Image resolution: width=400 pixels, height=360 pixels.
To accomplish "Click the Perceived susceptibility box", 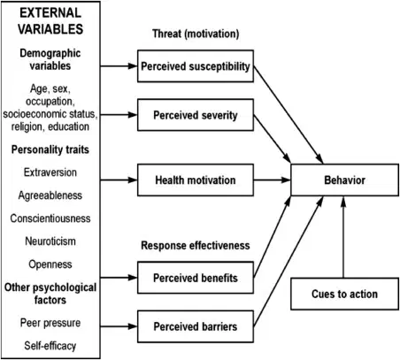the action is coord(196,66).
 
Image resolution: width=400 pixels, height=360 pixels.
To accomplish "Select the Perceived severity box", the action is coord(196,115).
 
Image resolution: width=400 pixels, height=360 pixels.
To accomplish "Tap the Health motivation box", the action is coord(196,180).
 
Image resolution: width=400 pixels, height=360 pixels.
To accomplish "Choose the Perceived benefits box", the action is coord(196,278).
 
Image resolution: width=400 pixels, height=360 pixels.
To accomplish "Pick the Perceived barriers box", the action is coord(196,326).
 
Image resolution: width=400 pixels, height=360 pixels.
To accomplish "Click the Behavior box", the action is coord(344,180).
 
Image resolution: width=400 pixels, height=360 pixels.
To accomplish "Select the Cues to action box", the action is coord(344,294).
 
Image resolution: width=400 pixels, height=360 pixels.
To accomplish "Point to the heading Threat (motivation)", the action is coord(196,34).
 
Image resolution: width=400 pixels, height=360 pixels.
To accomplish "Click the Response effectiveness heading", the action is coord(196,245).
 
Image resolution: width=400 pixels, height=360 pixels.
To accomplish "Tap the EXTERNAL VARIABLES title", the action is coord(50,21).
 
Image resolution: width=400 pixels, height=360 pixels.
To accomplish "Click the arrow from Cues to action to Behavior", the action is coord(343,237).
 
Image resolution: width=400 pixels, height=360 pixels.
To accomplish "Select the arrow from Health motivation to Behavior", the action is coord(272,180).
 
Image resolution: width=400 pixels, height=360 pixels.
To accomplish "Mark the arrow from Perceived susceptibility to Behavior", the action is coord(288,115).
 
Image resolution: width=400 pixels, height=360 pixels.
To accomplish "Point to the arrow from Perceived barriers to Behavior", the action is coord(288,262).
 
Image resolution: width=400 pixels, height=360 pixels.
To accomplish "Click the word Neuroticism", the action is coord(50,241).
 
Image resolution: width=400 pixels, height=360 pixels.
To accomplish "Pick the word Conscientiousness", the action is coord(50,218).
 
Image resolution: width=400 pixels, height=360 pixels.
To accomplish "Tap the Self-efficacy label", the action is coord(50,346).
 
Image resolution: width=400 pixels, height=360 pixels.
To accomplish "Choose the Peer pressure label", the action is coord(50,323).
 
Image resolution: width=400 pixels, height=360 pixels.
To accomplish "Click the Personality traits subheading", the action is coord(50,149).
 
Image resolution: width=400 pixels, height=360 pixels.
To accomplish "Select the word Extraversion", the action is coord(50,172).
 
